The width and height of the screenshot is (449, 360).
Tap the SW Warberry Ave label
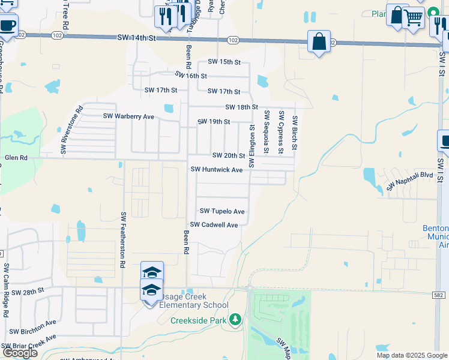click(128, 116)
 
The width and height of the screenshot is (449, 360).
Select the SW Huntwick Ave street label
click(216, 170)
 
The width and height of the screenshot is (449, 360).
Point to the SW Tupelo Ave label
click(222, 211)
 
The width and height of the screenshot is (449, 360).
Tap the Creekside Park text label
click(198, 320)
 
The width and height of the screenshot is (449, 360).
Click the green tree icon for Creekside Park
click(237, 319)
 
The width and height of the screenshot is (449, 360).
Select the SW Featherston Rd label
click(123, 239)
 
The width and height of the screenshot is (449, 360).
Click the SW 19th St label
click(214, 122)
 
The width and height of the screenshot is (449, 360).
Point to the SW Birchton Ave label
click(32, 327)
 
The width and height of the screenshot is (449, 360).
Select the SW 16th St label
click(191, 76)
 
